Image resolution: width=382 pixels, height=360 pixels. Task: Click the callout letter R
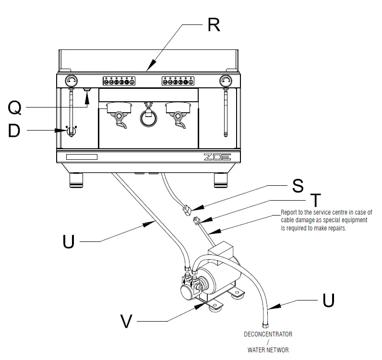(x=214, y=24)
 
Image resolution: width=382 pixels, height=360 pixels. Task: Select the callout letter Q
(x=14, y=109)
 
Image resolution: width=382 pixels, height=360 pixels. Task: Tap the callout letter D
(x=14, y=130)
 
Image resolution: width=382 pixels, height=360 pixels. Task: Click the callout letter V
(x=126, y=322)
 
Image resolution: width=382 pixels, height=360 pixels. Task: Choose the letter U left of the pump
(x=69, y=241)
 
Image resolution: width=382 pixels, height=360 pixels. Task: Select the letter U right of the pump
(x=328, y=300)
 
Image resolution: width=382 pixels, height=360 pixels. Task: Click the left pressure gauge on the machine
(x=71, y=81)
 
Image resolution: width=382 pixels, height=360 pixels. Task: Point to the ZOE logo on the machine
(x=217, y=156)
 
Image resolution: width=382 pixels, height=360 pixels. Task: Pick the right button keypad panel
(x=177, y=81)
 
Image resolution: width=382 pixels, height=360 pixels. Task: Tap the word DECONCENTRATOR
(x=268, y=334)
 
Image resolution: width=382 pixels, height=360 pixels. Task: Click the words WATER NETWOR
(x=268, y=350)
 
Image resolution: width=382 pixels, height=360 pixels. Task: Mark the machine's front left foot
(x=77, y=180)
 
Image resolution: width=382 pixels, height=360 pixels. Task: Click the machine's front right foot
(x=221, y=180)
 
